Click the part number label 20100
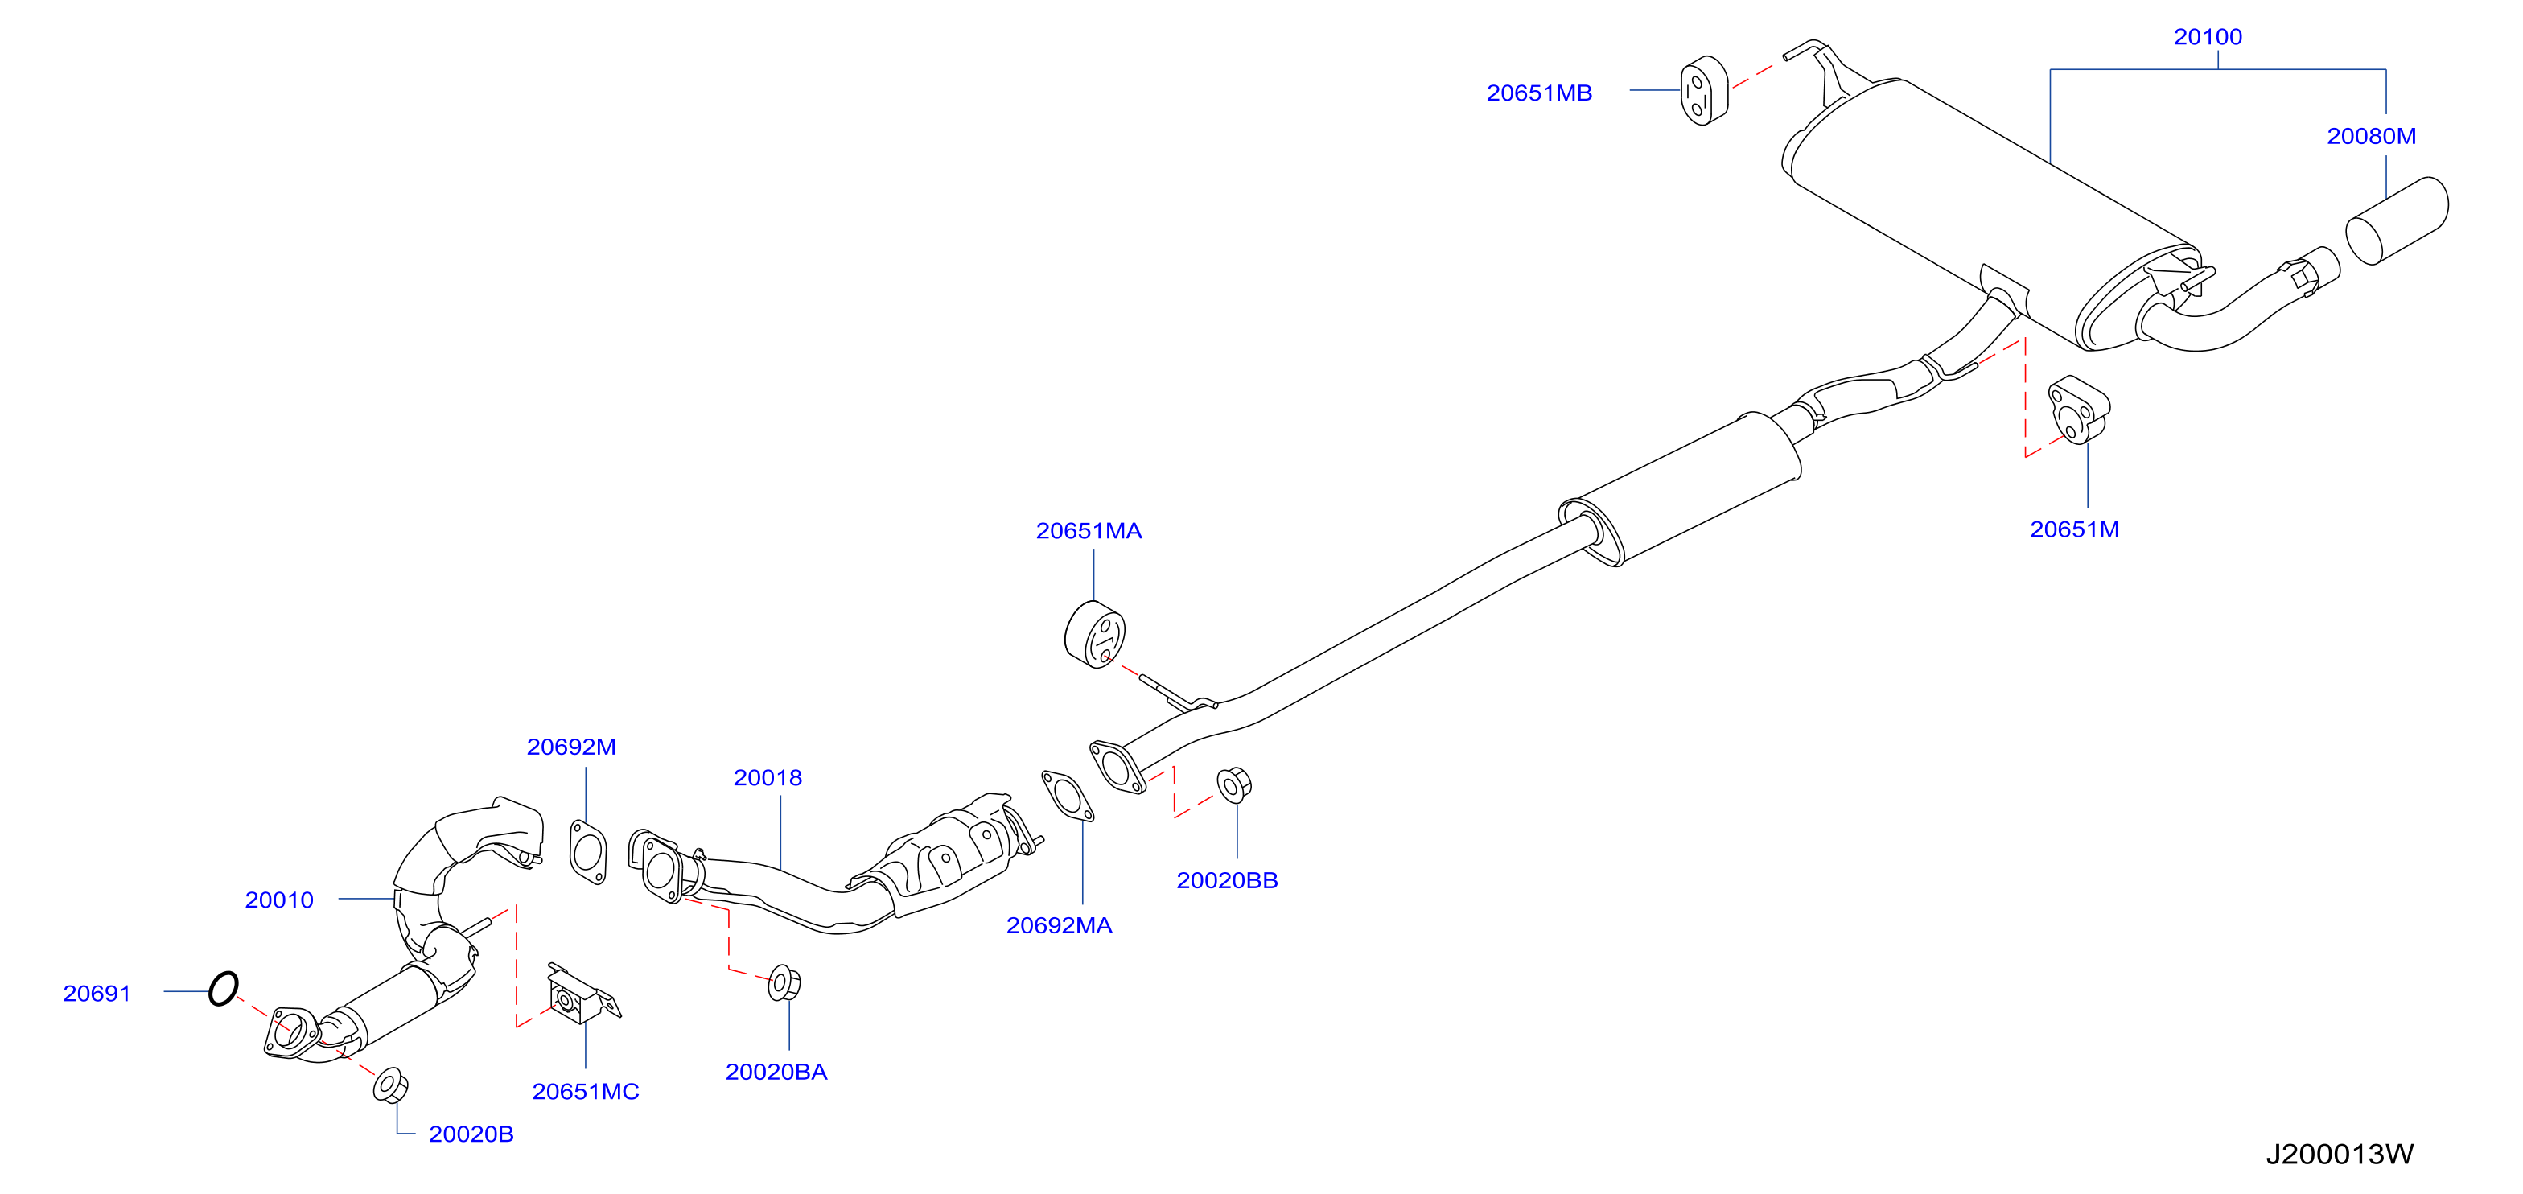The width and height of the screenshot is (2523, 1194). pos(2208,37)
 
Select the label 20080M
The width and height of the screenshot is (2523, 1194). pos(2371,136)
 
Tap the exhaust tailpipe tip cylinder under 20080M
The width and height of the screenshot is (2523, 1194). pos(2397,220)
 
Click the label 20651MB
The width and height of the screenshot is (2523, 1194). pos(1539,93)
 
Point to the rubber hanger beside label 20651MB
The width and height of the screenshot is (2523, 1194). pos(1704,91)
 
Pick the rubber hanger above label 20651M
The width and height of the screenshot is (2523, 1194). pos(2078,410)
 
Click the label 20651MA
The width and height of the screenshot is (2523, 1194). pos(1089,531)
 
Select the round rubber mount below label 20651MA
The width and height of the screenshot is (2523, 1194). pos(1094,635)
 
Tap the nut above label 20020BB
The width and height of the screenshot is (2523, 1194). pos(1233,784)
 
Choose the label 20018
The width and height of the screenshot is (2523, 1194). pos(768,778)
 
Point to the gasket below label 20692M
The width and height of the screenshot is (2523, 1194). pos(587,852)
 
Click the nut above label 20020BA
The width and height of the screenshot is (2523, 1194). pos(784,983)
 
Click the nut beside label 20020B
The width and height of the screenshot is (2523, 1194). pos(391,1085)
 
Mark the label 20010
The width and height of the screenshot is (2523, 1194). pos(279,900)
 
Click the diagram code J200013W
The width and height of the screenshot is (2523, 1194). pos(2340,1154)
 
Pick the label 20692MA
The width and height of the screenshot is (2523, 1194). pos(1059,925)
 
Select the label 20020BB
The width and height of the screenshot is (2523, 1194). pos(1227,880)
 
